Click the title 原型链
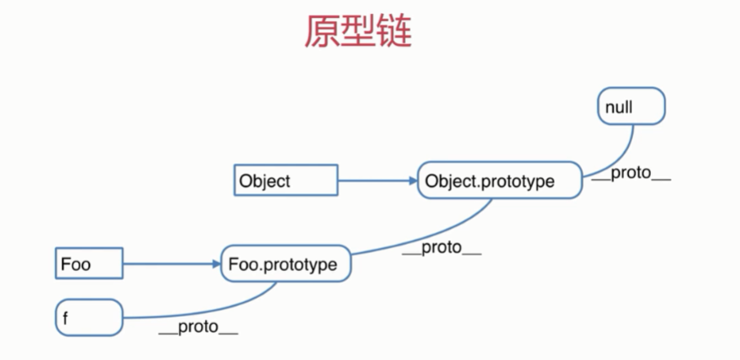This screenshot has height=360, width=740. tap(359, 32)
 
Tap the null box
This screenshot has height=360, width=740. tap(631, 106)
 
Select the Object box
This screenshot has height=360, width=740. tap(285, 180)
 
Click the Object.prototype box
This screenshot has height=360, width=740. tap(499, 181)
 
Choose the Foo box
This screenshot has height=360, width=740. tap(88, 264)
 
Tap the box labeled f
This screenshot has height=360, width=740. tap(88, 317)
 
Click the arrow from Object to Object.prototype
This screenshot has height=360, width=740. tap(376, 181)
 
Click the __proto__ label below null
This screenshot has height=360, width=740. tap(630, 175)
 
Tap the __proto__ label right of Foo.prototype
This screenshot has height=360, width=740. tap(441, 248)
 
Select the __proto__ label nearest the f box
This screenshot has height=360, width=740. tap(198, 328)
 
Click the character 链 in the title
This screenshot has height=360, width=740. tap(395, 32)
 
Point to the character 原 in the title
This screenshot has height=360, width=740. tap(323, 32)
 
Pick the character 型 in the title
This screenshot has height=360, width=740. tap(359, 32)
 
